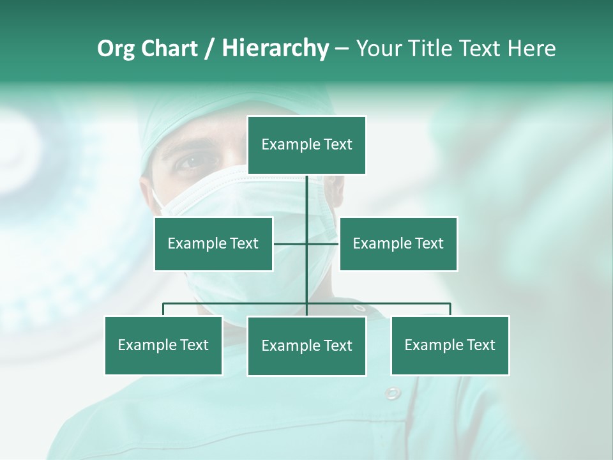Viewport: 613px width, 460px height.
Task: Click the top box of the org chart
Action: tap(306, 145)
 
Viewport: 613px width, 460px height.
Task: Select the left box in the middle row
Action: tap(213, 243)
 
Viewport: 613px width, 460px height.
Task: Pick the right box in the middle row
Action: tap(398, 243)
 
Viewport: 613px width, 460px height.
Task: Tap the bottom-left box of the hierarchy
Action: tap(163, 345)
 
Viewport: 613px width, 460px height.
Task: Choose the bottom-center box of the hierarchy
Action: tap(306, 346)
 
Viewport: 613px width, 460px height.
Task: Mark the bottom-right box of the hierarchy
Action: tap(450, 345)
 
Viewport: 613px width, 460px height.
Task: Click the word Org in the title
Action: tap(116, 49)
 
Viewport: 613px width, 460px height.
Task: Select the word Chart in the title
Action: tap(169, 49)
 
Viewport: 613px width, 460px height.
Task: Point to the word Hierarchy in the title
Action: tap(275, 49)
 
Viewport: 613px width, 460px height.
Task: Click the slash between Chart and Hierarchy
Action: tap(210, 49)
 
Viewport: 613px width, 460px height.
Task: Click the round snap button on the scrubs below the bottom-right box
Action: tap(393, 392)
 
